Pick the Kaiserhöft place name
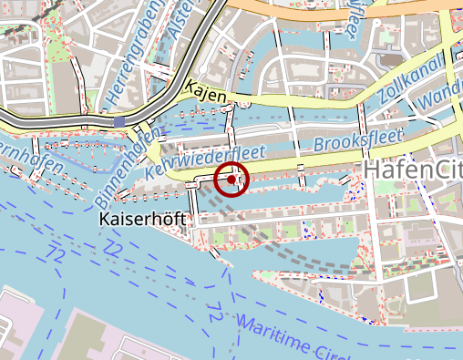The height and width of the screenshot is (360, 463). click(139, 221)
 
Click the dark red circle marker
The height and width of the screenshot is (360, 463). click(233, 180)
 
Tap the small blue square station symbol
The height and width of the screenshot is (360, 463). click(120, 121)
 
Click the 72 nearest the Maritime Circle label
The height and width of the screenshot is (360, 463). click(215, 315)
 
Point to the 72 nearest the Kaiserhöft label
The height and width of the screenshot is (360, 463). click(112, 247)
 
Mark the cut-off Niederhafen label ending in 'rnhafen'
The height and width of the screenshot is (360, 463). click(32, 159)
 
